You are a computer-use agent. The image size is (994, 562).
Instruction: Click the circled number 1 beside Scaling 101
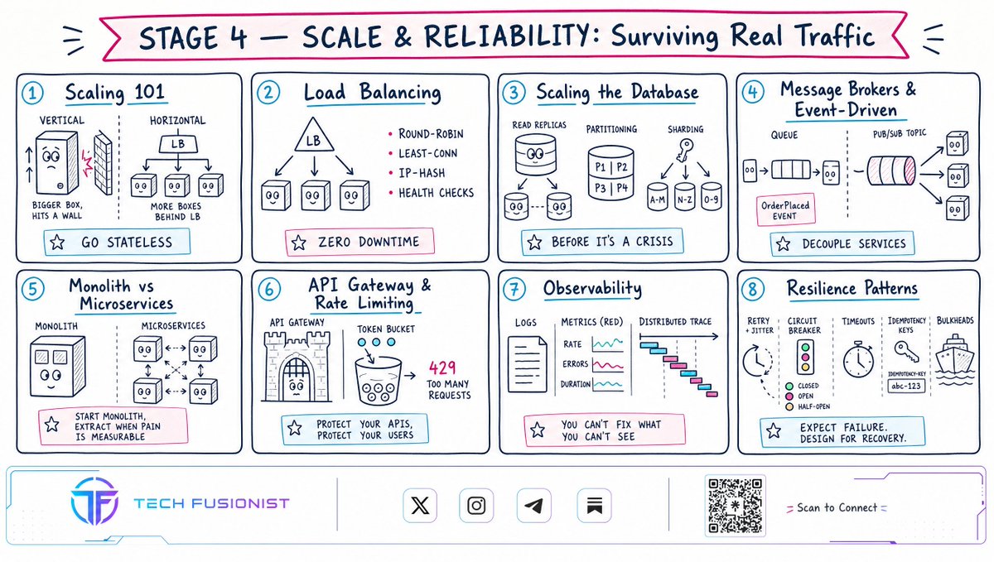point(32,94)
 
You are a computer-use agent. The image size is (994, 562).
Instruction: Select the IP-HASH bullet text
point(422,173)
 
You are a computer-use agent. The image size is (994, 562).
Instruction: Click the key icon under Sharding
point(684,150)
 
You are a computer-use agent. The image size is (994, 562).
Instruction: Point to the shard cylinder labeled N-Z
point(684,196)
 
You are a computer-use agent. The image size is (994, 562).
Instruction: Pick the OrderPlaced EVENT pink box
point(785,209)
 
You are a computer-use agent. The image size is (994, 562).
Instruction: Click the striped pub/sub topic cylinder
point(891,171)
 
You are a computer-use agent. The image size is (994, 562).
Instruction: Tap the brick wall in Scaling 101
point(104,163)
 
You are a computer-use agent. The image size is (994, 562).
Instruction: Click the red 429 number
point(442,367)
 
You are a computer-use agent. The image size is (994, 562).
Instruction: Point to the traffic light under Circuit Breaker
point(805,357)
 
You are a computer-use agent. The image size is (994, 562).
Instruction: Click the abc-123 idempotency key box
point(905,386)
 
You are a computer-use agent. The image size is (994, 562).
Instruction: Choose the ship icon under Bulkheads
point(954,360)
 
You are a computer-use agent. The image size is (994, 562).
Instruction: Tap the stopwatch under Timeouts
point(858,359)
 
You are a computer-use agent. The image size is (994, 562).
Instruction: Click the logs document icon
point(527,364)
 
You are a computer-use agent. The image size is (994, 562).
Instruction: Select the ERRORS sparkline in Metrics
point(608,366)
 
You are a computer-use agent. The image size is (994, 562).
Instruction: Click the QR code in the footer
point(735,505)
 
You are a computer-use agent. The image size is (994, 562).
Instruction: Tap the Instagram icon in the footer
point(476,505)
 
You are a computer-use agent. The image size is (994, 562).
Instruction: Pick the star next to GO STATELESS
point(57,243)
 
